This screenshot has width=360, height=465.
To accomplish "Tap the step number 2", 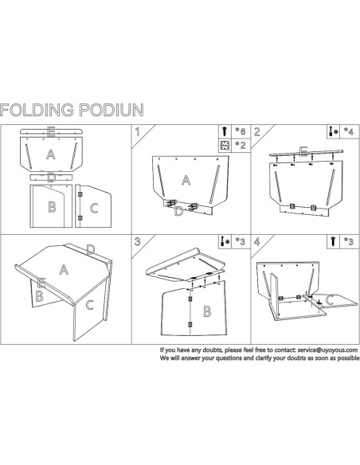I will [256, 132].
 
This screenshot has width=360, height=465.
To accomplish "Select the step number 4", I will [256, 240].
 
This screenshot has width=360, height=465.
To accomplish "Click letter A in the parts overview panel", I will [50, 153].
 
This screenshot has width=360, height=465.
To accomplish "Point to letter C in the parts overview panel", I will [94, 209].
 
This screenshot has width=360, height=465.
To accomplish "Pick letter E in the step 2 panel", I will [303, 150].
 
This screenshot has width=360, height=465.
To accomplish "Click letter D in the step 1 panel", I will [179, 211].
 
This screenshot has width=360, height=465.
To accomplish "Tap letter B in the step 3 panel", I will [207, 311].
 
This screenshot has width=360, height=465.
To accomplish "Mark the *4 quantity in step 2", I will [350, 131].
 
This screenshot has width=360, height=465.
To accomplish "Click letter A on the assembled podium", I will [64, 270].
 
